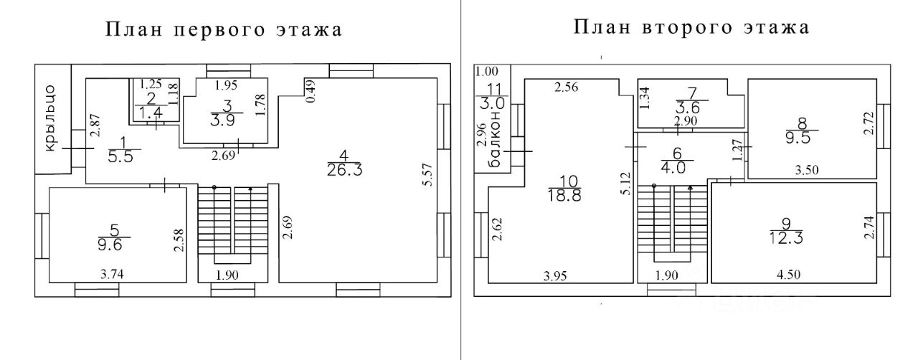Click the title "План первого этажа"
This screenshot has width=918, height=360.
(223, 29)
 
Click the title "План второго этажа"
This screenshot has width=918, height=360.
(691, 27)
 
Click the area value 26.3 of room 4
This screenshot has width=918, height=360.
(344, 169)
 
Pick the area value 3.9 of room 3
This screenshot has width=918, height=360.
(227, 120)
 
